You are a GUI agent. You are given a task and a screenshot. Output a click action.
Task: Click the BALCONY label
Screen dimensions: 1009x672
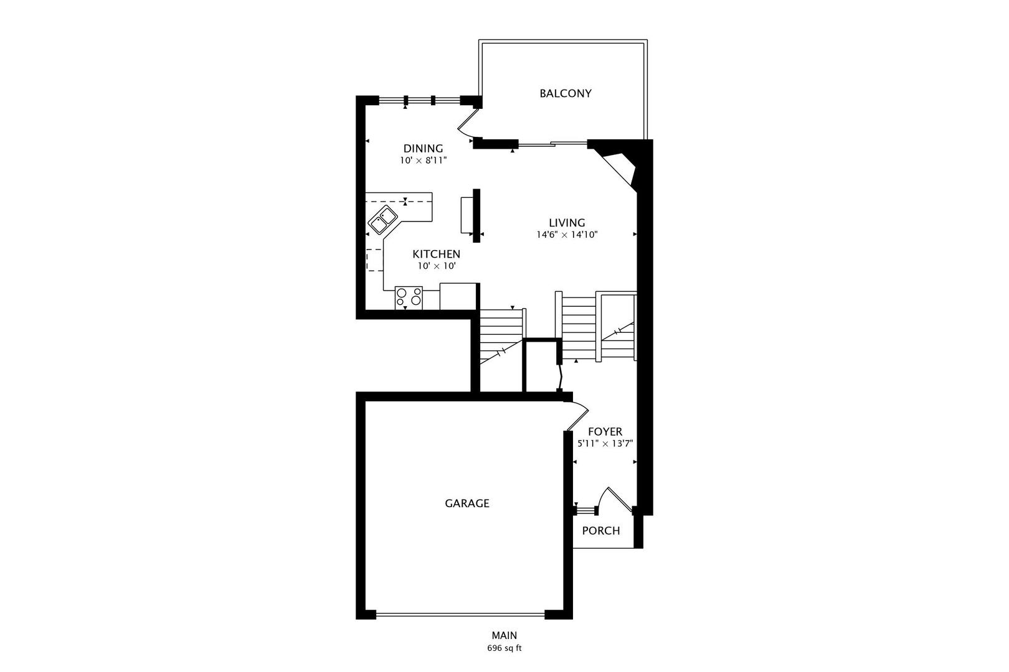click(x=566, y=93)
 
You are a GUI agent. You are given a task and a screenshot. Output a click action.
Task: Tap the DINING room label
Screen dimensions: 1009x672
click(x=423, y=149)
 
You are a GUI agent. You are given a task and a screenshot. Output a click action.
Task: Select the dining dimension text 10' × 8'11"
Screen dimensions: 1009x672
click(x=423, y=161)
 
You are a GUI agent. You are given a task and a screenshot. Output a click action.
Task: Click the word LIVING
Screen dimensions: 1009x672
click(x=567, y=223)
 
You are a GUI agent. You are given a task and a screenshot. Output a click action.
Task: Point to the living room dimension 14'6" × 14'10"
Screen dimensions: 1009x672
click(x=567, y=235)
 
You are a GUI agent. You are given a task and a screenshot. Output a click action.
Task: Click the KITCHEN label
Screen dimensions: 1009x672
click(x=436, y=254)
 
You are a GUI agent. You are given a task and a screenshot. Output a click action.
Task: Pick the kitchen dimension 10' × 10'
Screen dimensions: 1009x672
click(x=437, y=266)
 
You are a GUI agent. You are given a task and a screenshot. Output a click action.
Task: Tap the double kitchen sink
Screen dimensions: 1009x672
click(x=382, y=219)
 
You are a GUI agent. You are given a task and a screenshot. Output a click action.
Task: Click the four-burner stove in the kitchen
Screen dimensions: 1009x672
click(x=409, y=297)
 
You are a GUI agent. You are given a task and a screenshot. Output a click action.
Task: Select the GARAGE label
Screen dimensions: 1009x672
click(x=467, y=503)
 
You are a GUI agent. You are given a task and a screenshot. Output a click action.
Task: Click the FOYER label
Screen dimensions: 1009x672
click(x=605, y=432)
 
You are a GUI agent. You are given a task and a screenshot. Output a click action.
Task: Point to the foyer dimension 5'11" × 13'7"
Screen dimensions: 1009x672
click(x=605, y=444)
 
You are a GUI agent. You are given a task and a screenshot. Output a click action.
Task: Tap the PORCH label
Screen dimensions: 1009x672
click(x=601, y=531)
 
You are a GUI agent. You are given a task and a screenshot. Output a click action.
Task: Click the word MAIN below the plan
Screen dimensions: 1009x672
click(x=504, y=635)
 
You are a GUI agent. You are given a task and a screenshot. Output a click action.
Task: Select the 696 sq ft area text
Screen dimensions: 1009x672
click(x=504, y=648)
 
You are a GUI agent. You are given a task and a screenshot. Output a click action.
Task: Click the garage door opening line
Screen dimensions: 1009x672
click(x=460, y=614)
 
